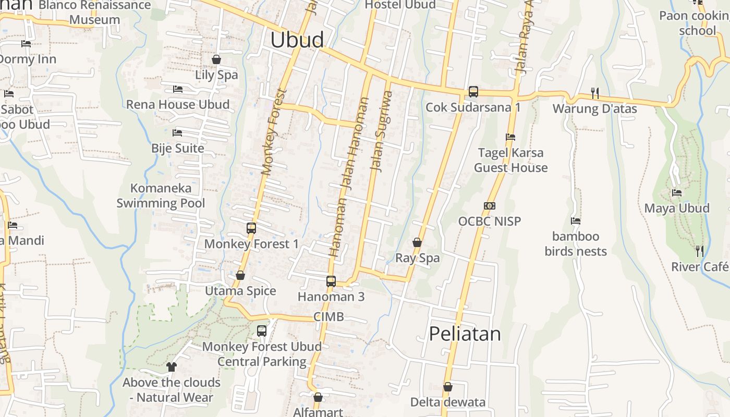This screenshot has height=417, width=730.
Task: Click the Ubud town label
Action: (297, 40)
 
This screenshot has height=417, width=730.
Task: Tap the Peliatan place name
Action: (465, 334)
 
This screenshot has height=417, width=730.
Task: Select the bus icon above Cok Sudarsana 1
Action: (473, 91)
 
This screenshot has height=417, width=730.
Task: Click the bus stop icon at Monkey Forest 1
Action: (251, 228)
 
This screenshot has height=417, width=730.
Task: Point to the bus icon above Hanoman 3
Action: (331, 281)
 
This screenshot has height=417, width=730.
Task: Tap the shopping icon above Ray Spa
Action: (417, 242)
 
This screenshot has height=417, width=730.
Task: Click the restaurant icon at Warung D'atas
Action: (594, 93)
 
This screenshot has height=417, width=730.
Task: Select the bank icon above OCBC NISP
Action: (489, 206)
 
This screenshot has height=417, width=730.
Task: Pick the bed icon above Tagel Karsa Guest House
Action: (510, 137)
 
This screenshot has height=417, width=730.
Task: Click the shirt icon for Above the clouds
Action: (172, 367)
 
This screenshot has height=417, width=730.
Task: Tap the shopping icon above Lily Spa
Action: (216, 59)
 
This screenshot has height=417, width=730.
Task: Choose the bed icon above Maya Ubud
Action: (677, 193)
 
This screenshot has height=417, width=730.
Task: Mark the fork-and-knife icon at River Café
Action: (700, 251)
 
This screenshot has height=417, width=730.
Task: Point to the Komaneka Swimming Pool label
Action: (161, 195)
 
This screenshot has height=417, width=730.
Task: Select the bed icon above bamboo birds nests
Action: (576, 221)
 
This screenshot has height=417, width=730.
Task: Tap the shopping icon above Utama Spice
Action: (240, 275)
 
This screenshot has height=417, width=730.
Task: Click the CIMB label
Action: (328, 317)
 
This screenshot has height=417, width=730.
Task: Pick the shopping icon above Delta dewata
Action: (447, 387)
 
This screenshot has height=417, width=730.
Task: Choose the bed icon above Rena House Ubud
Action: (178, 89)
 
